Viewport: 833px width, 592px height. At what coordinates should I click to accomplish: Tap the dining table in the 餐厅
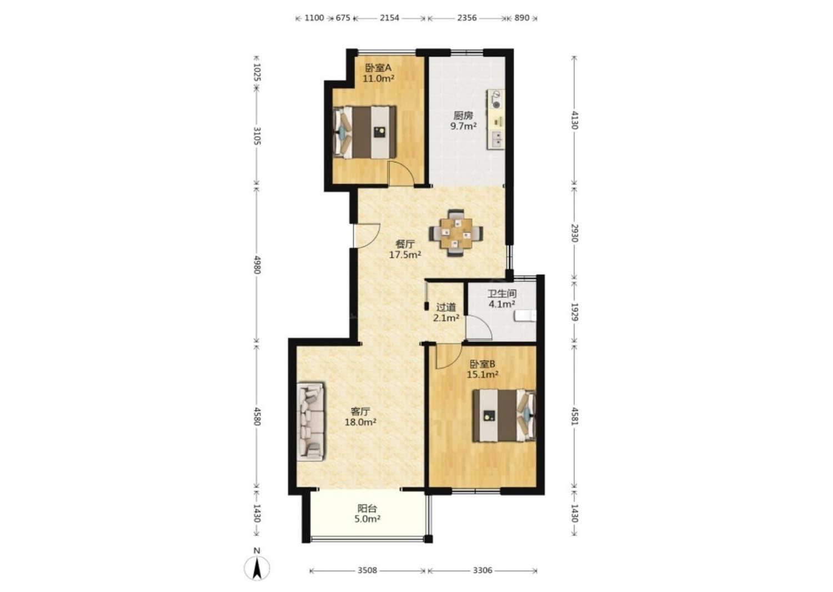456,233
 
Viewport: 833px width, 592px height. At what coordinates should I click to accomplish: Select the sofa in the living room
310,422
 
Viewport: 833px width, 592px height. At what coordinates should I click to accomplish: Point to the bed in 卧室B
504,415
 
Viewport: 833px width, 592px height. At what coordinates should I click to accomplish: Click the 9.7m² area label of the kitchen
464,126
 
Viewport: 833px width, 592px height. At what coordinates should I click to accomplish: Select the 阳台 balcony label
367,508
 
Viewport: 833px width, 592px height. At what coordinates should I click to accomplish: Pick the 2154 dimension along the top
389,18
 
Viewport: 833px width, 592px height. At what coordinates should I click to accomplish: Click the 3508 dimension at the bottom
368,570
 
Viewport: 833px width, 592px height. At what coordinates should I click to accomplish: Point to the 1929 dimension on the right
575,312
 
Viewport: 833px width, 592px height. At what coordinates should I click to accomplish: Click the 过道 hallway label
446,307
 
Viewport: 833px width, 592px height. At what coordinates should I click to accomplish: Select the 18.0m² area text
361,422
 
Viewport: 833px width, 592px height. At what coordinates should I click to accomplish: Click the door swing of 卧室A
401,173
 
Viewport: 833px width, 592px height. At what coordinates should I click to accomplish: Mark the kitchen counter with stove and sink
496,119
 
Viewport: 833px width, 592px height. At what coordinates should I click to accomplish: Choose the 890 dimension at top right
522,18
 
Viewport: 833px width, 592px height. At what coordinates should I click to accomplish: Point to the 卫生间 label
502,293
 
